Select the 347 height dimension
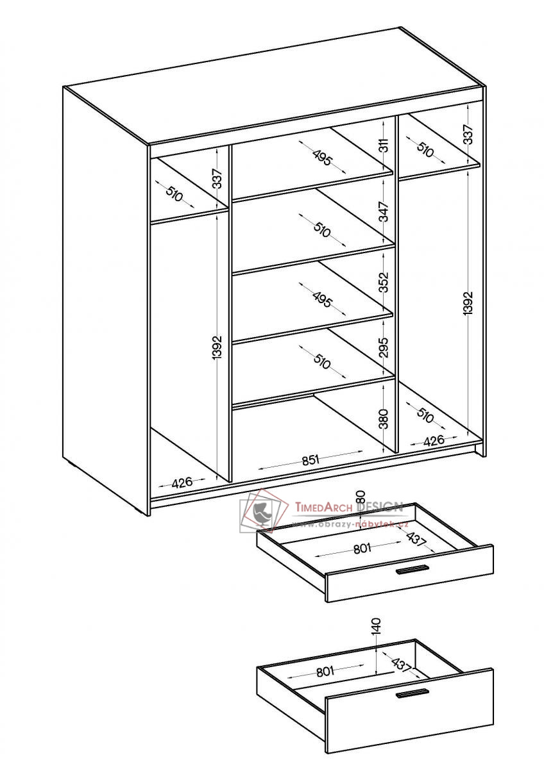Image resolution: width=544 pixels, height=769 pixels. (x=384, y=212)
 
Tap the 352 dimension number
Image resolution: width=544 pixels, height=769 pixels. (x=384, y=282)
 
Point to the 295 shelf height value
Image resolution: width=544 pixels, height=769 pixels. (x=384, y=347)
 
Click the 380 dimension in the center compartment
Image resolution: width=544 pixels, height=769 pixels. (x=384, y=418)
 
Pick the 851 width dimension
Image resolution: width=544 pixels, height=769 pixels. (x=311, y=459)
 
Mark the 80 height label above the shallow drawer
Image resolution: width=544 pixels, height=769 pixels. (x=361, y=497)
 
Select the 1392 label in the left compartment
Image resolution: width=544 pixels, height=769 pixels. (x=217, y=347)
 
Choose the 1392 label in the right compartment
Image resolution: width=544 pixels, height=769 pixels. (x=468, y=302)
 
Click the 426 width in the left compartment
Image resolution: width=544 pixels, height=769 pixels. (x=182, y=483)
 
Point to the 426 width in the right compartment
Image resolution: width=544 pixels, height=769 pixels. (x=434, y=440)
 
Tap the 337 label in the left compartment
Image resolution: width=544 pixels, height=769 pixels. (x=217, y=179)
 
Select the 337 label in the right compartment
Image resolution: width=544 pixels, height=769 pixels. (x=468, y=134)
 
